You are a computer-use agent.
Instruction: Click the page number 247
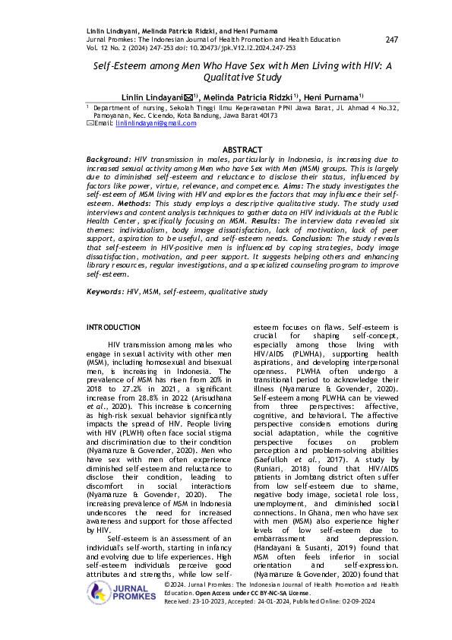392,40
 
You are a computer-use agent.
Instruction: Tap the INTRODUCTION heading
113,327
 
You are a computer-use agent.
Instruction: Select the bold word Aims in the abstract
314,185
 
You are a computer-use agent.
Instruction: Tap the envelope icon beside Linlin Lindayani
186,97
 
